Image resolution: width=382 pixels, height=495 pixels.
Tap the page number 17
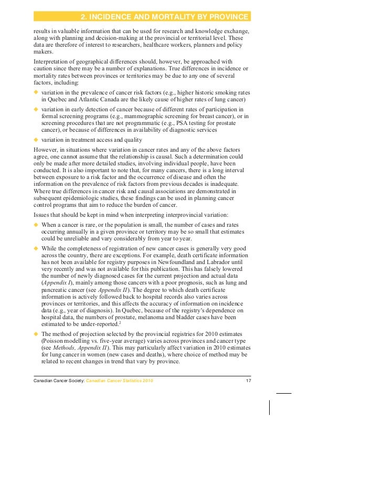pos(248,380)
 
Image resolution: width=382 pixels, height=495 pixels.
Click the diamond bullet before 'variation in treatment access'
pos(36,140)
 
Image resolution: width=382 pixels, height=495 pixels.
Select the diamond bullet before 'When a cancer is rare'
pos(36,225)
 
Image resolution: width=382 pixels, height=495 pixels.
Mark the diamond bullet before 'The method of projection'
pos(36,333)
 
